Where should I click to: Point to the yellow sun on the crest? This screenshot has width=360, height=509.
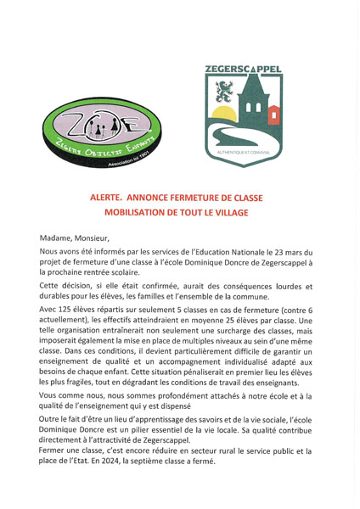tap(224, 115)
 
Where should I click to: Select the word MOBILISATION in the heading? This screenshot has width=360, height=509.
tap(138, 213)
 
